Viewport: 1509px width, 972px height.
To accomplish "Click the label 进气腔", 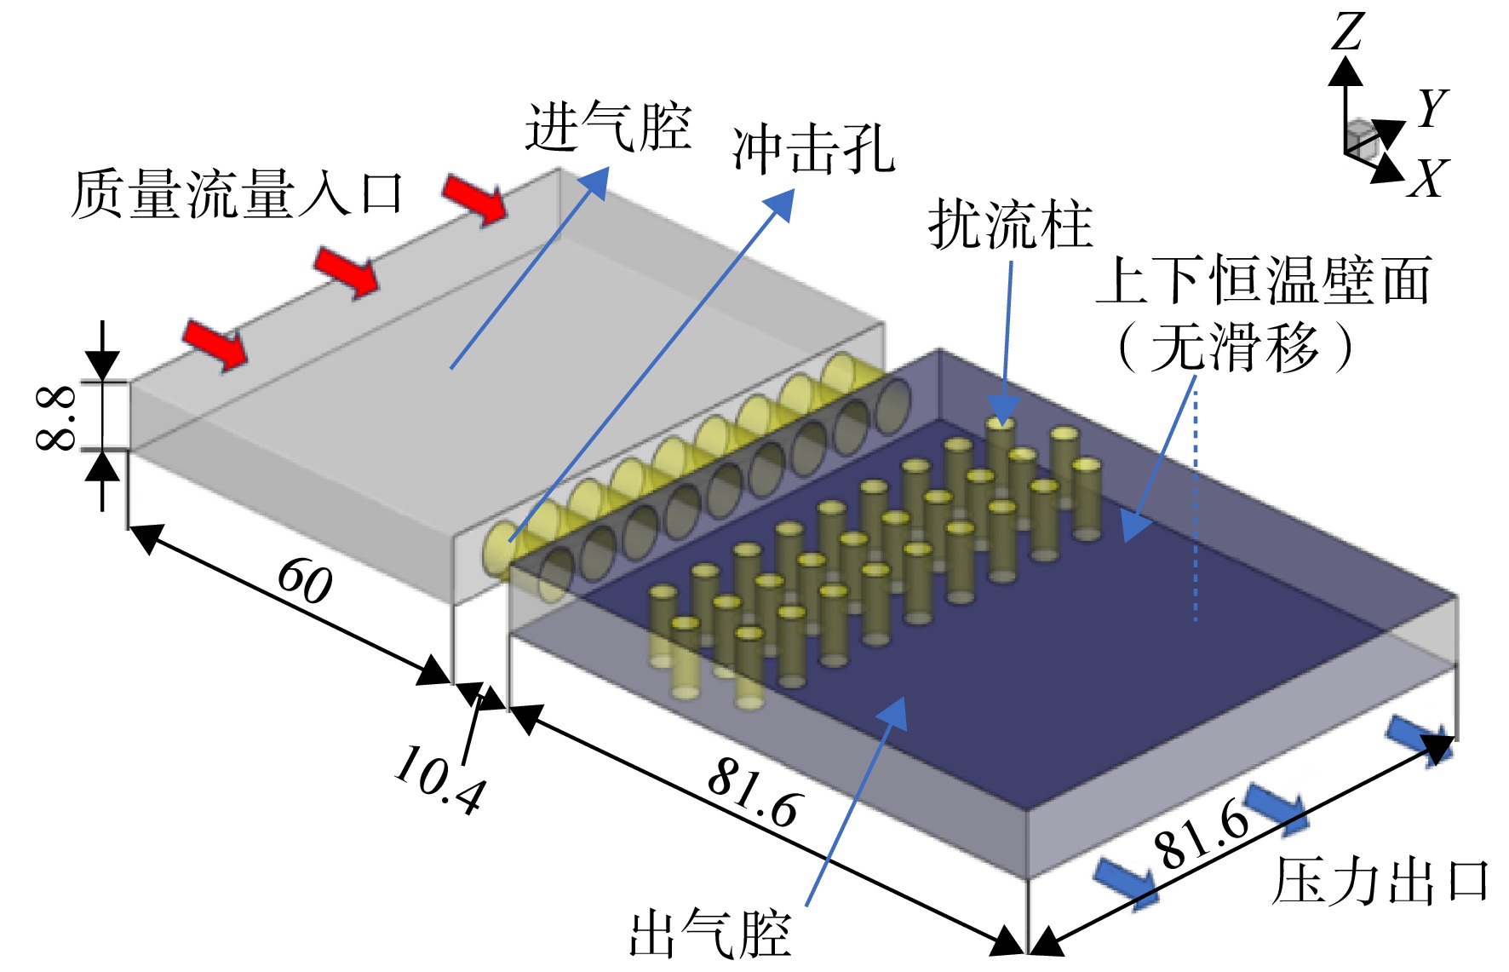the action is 608,127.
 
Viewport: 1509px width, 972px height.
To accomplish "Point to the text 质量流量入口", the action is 238,195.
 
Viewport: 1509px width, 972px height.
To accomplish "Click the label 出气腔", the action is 710,935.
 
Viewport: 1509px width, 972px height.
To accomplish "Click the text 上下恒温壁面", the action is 1263,280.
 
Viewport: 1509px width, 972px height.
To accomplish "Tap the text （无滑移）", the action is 1235,347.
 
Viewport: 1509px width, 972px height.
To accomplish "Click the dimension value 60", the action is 305,581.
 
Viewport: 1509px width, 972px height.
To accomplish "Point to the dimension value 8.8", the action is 55,417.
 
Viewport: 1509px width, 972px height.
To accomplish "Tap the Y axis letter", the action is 1432,108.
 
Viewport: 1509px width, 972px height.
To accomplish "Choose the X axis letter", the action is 1428,178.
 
